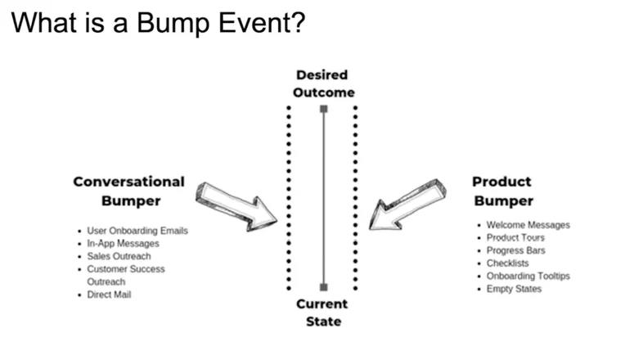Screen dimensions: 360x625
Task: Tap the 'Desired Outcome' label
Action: click(x=324, y=83)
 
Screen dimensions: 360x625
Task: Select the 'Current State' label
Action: click(x=323, y=312)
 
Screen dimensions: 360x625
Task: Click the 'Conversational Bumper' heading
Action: click(x=129, y=190)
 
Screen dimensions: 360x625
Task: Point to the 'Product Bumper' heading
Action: click(x=502, y=191)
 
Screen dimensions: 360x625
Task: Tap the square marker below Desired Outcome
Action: click(x=324, y=109)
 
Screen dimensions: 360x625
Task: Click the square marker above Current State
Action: click(x=324, y=286)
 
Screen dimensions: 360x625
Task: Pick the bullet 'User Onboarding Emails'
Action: click(x=137, y=231)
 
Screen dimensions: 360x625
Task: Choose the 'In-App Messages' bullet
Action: click(x=123, y=243)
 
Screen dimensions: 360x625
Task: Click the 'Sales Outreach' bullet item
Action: click(x=119, y=256)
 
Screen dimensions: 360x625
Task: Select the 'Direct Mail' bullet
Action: click(x=109, y=294)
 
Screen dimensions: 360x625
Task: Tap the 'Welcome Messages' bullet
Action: click(x=528, y=225)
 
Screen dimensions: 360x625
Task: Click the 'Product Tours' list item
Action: click(x=515, y=238)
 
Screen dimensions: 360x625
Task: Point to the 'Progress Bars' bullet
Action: click(x=515, y=250)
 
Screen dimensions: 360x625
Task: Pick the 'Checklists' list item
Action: click(x=507, y=263)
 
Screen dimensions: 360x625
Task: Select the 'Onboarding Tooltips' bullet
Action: click(x=528, y=276)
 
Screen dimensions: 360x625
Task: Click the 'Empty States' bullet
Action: click(x=514, y=289)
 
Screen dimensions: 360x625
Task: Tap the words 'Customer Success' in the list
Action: click(x=126, y=268)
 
